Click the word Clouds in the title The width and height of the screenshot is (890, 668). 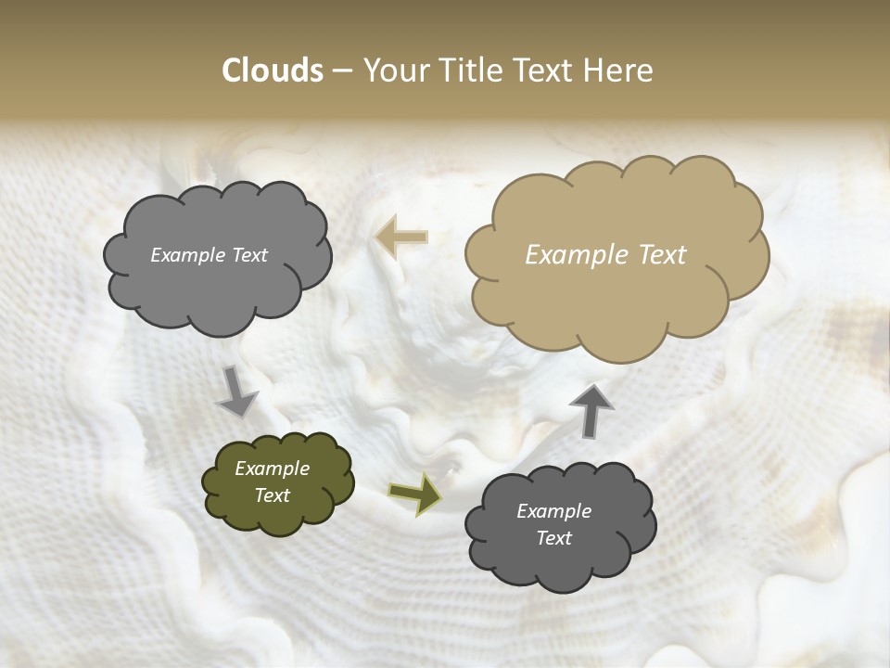click(272, 71)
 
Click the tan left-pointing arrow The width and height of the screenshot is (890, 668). click(401, 238)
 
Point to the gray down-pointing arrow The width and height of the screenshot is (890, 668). click(236, 392)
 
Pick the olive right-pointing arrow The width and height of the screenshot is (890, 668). click(414, 493)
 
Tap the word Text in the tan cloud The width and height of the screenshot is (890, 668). click(662, 255)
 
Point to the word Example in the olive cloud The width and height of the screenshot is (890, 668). click(272, 469)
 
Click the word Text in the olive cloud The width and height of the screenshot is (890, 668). click(272, 495)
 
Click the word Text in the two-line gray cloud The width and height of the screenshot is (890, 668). click(553, 538)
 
